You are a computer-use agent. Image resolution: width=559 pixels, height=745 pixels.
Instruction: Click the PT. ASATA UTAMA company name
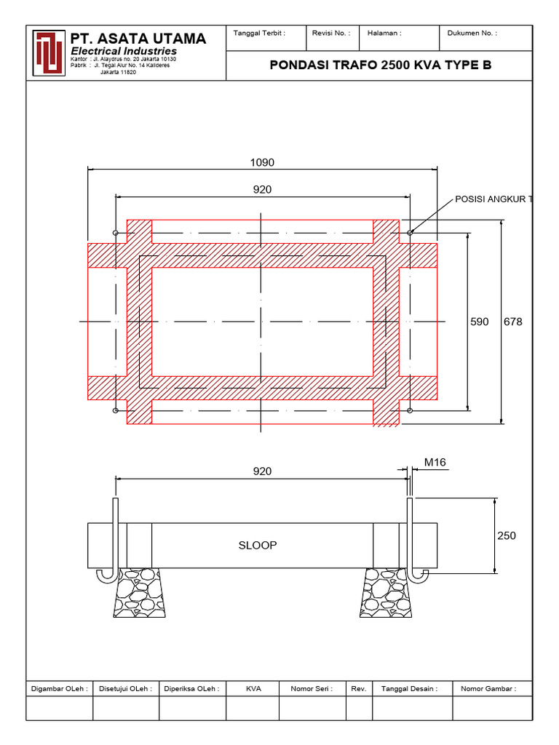(x=138, y=39)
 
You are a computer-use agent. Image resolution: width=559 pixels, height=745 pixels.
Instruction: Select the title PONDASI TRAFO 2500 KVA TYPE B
(x=381, y=65)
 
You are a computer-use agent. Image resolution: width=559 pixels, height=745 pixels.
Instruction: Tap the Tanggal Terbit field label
(x=259, y=33)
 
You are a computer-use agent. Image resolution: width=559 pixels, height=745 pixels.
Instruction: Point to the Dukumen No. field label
(x=472, y=33)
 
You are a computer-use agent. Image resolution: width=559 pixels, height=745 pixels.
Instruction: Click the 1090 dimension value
(x=262, y=162)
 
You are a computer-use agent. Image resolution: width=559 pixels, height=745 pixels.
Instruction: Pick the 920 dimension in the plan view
(x=262, y=189)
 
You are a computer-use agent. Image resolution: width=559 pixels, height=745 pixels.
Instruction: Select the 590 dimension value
(x=480, y=322)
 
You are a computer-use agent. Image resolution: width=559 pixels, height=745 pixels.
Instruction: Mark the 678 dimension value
(x=513, y=322)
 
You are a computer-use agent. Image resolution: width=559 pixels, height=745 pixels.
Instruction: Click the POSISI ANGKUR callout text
(x=493, y=199)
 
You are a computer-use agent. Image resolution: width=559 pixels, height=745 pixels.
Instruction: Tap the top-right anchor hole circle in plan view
(x=411, y=233)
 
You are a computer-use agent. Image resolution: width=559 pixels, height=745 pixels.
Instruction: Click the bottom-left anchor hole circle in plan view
(x=115, y=411)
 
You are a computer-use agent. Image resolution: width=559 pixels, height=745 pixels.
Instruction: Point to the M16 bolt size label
(x=435, y=462)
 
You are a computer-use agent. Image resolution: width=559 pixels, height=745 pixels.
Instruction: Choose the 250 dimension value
(x=507, y=535)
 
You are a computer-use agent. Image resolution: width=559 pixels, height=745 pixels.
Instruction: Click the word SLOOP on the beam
(x=258, y=545)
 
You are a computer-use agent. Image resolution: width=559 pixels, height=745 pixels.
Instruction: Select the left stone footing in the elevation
(x=140, y=592)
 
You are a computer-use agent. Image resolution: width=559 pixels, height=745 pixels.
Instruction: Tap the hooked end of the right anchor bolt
(x=418, y=576)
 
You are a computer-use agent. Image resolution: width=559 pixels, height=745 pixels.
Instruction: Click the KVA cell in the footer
(x=253, y=688)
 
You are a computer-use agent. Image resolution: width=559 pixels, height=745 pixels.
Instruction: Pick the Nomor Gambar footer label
(x=488, y=688)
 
